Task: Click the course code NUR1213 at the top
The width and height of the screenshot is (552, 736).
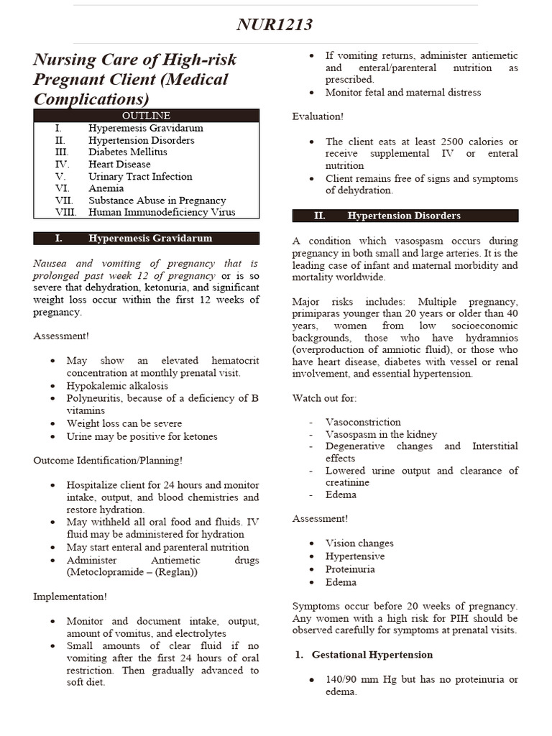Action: [275, 25]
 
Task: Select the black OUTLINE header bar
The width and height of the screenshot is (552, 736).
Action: [146, 115]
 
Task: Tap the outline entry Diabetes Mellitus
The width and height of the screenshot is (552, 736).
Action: [127, 152]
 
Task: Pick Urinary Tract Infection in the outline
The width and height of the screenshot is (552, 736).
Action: [140, 176]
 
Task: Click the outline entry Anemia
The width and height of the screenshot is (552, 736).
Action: [106, 188]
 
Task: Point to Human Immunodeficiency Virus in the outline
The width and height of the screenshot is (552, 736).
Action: [162, 213]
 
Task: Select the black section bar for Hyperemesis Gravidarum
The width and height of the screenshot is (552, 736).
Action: [146, 238]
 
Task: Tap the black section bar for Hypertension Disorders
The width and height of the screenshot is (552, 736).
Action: [405, 216]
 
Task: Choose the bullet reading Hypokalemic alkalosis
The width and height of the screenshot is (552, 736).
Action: [117, 385]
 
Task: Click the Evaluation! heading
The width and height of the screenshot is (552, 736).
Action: [318, 116]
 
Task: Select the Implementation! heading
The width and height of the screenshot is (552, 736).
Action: [70, 597]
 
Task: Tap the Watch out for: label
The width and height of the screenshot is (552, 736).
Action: [324, 397]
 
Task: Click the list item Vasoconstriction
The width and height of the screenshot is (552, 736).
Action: [363, 422]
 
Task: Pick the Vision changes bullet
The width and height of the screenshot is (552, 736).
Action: [359, 543]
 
